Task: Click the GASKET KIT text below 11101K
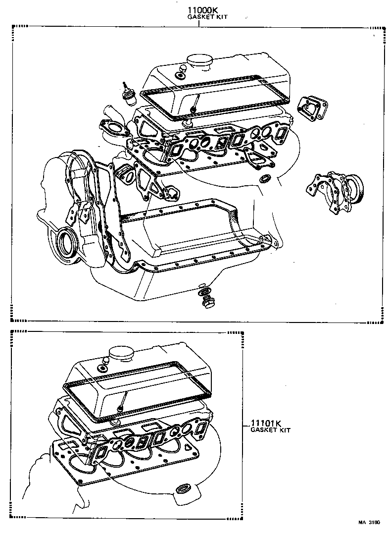click(270, 430)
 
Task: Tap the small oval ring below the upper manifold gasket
click(266, 178)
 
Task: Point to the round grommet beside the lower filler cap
click(103, 366)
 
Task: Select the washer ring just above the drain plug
click(203, 290)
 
